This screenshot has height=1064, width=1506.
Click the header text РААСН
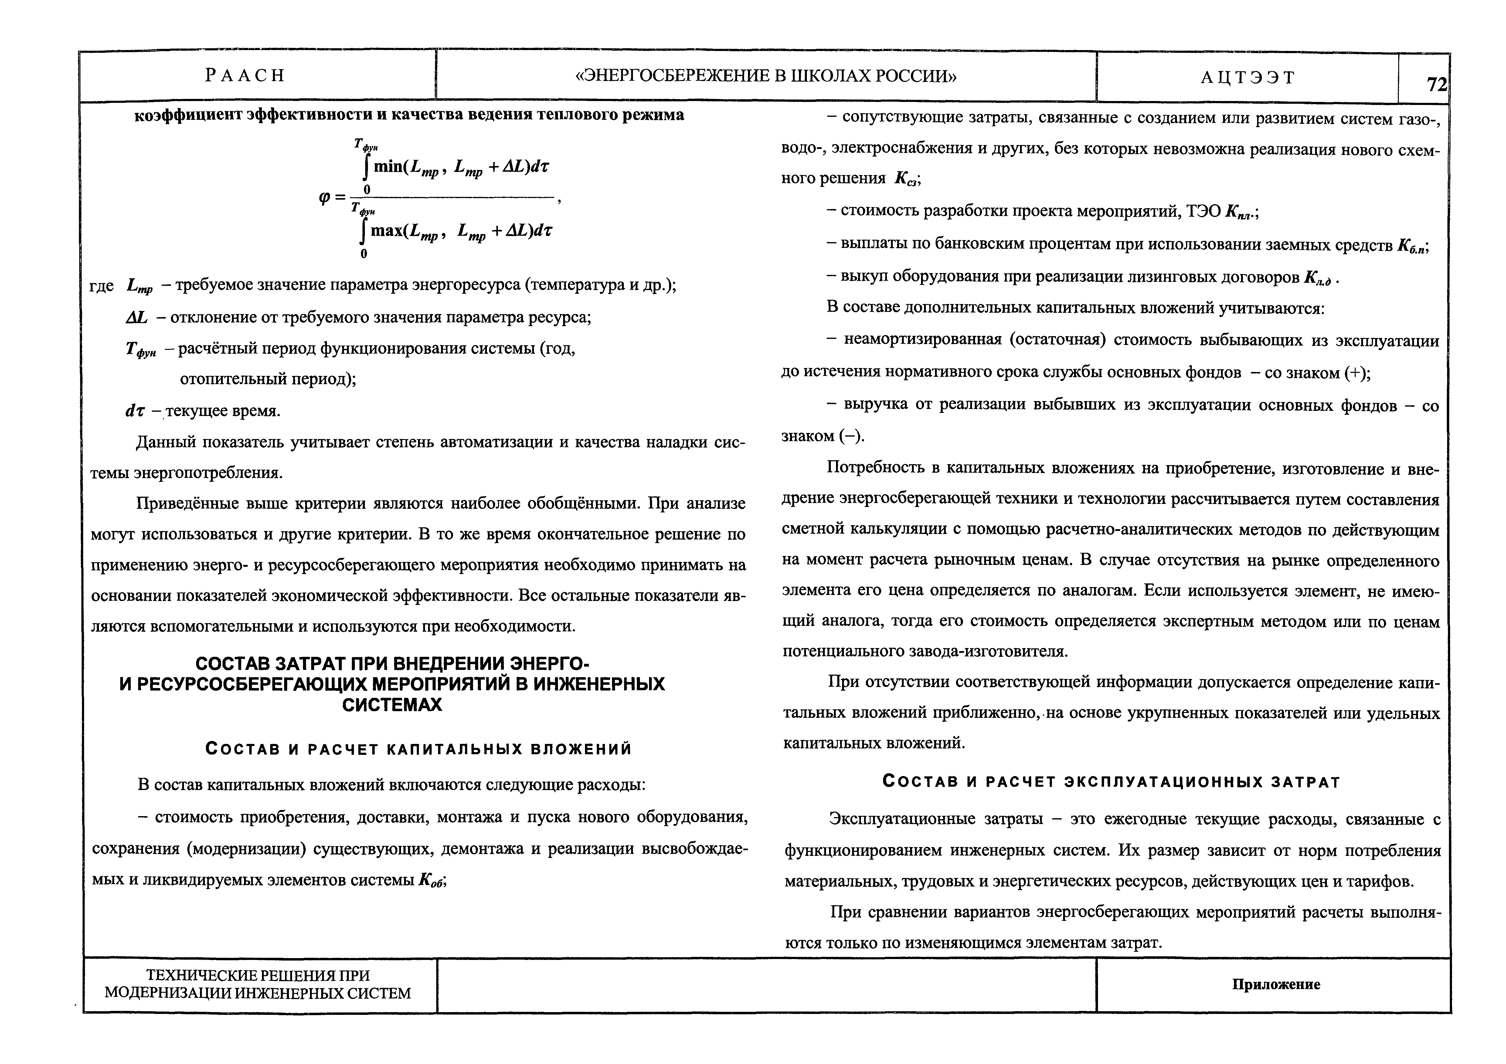(245, 75)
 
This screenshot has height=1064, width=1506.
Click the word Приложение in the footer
(1276, 984)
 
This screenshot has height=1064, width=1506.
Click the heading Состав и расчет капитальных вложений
(419, 749)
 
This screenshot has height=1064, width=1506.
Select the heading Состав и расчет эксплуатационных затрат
(1111, 782)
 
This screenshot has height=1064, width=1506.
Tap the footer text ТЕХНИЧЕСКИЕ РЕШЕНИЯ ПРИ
(258, 975)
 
